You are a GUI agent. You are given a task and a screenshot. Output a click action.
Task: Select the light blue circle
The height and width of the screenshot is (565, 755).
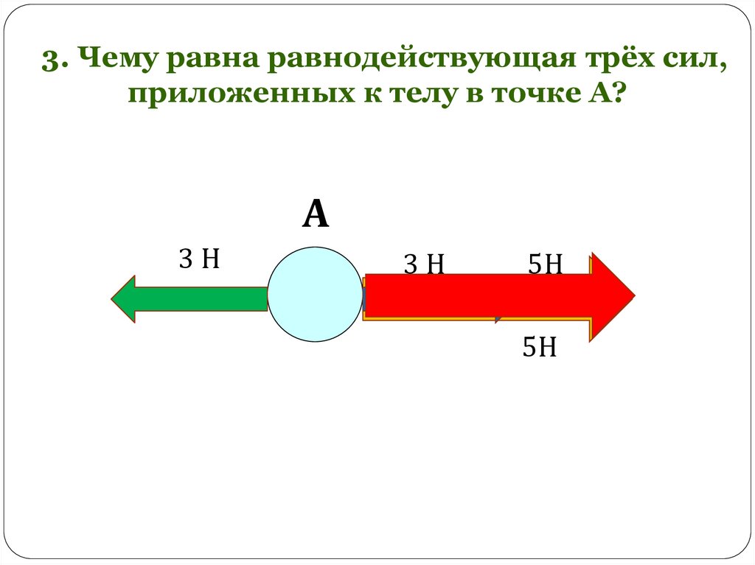[315, 294]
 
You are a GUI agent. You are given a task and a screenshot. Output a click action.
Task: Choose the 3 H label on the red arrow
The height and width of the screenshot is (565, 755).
[423, 264]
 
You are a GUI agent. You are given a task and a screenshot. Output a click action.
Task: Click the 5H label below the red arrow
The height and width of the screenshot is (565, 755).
[539, 347]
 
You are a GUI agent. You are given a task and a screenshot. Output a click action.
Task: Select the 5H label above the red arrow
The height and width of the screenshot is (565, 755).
[546, 264]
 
